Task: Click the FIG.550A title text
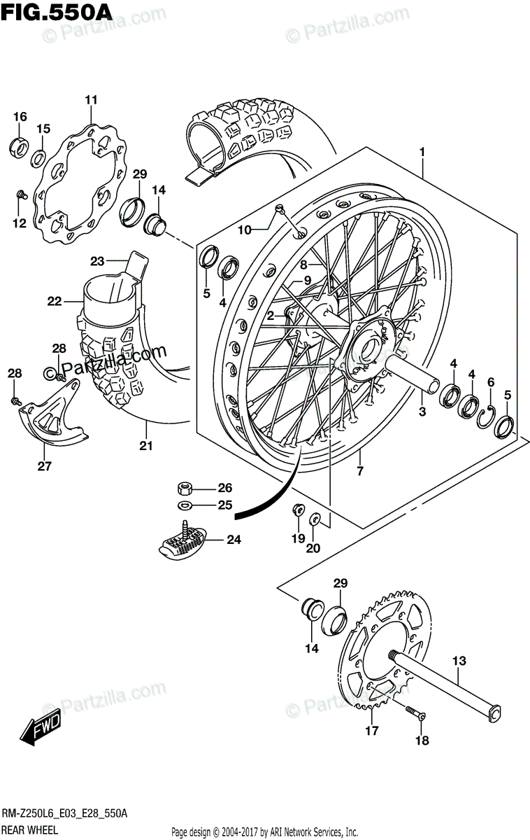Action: [50, 13]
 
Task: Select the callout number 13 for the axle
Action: [459, 660]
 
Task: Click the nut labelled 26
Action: [186, 487]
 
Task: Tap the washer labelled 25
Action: [186, 505]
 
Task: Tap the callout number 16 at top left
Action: [19, 116]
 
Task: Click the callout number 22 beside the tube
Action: [55, 302]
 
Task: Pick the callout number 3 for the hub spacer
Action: [422, 412]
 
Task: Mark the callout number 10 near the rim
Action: [244, 230]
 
